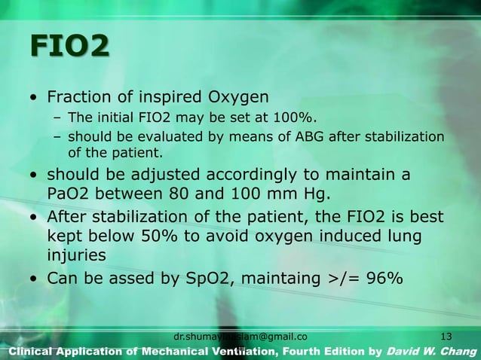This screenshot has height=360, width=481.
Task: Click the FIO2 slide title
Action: (68, 47)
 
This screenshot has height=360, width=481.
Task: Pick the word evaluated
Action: (137, 136)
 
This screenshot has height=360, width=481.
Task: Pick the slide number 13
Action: (445, 335)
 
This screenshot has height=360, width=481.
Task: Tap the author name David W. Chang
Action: (433, 351)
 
